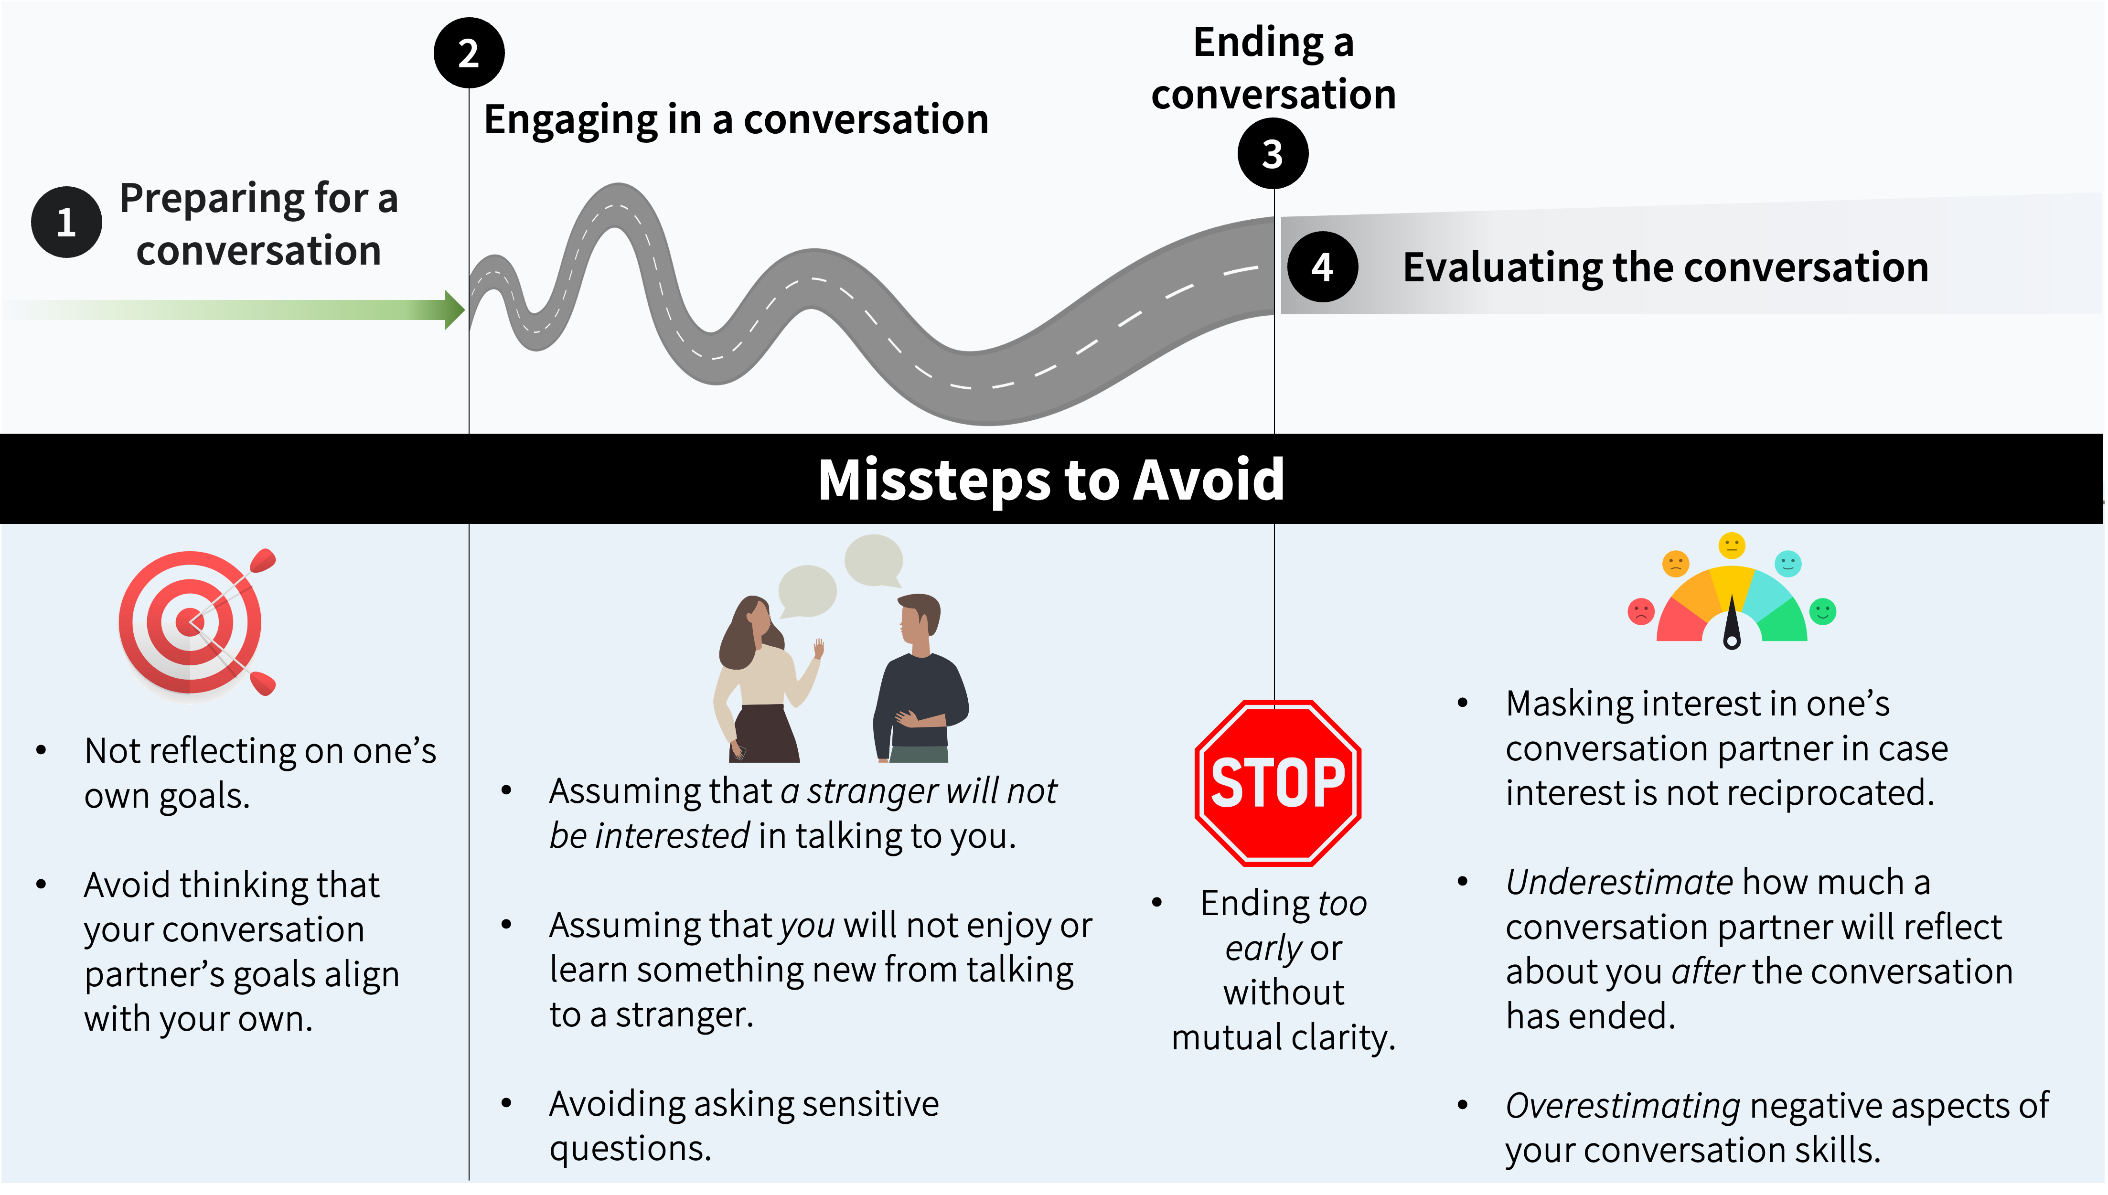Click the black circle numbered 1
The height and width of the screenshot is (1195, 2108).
coord(66,223)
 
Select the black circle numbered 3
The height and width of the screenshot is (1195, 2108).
coord(1273,153)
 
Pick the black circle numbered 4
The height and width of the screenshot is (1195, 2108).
coord(1322,267)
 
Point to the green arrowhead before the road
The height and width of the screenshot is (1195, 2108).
coord(454,309)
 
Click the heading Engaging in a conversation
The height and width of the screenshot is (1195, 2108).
coord(736,120)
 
